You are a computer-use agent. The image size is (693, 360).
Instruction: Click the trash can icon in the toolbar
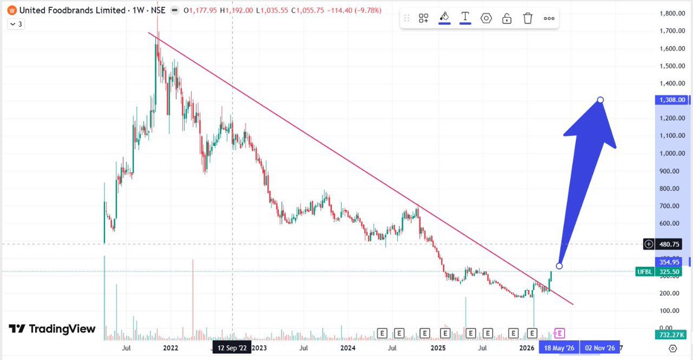[x=527, y=18]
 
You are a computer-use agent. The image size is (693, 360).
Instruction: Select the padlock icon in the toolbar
[x=506, y=18]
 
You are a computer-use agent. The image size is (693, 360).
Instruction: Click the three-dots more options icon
[x=549, y=18]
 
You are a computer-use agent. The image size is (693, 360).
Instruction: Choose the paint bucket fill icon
[x=444, y=17]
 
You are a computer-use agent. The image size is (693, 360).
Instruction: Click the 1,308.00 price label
[x=673, y=100]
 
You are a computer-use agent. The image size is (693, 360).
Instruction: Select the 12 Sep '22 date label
[x=232, y=348]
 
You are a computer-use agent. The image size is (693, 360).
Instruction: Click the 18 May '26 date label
[x=557, y=348]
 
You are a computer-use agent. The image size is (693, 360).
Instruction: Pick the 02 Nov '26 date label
[x=601, y=348]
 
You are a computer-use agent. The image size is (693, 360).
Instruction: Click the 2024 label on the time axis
[x=348, y=348]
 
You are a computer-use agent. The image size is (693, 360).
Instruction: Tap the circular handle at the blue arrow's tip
[x=601, y=100]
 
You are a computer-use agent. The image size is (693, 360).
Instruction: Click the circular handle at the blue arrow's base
[x=558, y=266]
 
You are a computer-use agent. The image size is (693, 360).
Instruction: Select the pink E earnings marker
[x=560, y=333]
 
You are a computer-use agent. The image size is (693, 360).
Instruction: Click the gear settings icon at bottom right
[x=673, y=348]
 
